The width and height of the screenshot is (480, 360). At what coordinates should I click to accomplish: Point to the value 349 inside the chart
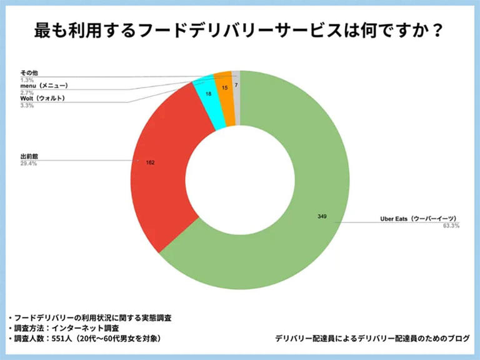point(322,216)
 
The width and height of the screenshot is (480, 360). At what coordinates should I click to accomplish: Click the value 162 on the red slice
point(149,162)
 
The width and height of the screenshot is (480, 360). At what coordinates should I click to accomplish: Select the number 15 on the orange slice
point(224,88)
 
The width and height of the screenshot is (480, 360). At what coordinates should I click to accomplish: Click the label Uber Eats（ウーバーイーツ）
point(419,219)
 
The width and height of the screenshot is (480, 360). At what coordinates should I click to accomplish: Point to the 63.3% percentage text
point(451,226)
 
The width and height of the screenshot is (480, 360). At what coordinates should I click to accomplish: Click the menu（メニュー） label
point(44,85)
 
